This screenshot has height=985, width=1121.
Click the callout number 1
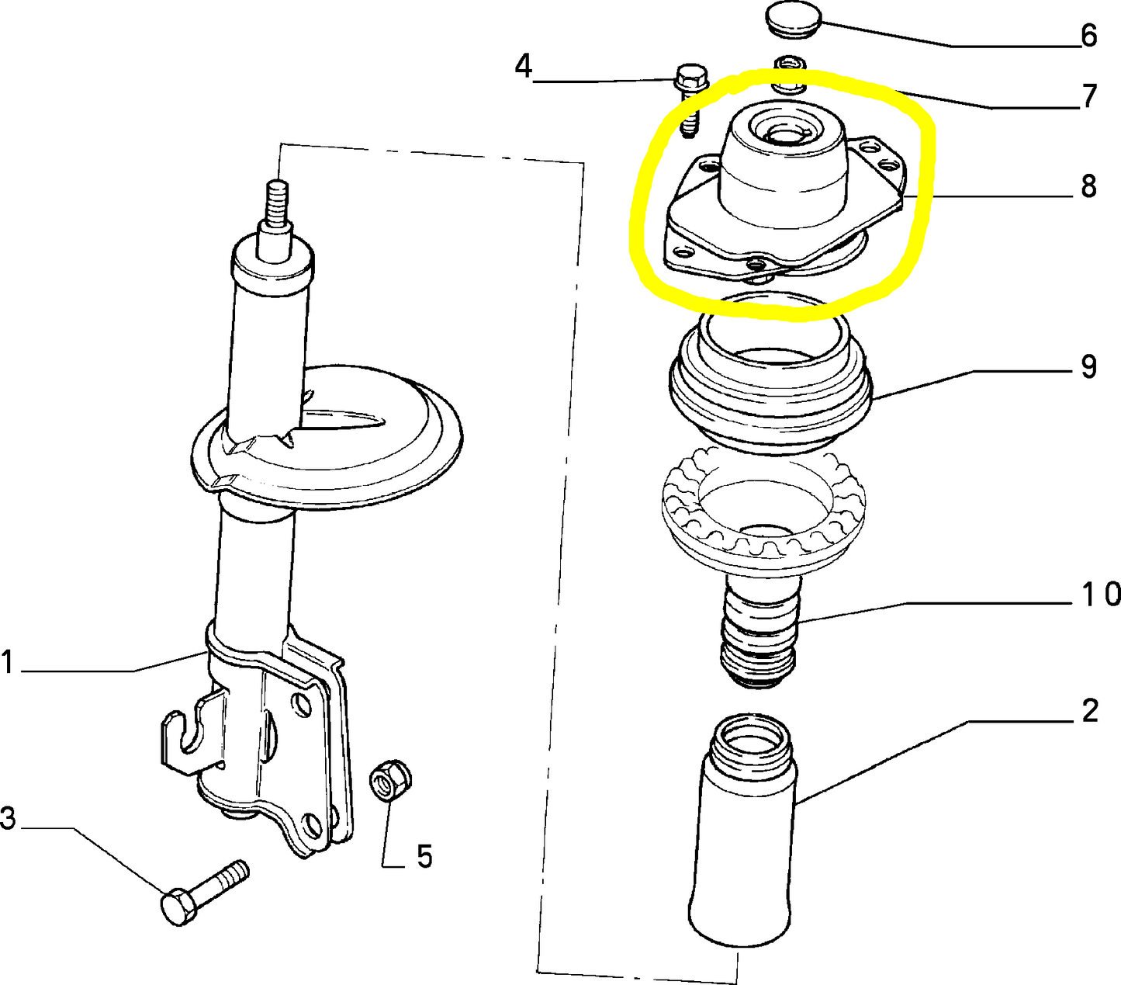pyautogui.click(x=8, y=664)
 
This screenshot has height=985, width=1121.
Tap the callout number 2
pyautogui.click(x=1089, y=711)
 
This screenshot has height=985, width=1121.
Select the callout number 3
pyautogui.click(x=8, y=818)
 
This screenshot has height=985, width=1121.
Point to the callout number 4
pyautogui.click(x=524, y=68)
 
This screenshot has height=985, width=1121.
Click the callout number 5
pyautogui.click(x=424, y=857)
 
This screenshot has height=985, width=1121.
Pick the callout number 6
pyautogui.click(x=1089, y=36)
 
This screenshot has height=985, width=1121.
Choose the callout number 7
pyautogui.click(x=1089, y=97)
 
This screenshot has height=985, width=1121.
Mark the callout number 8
pyautogui.click(x=1089, y=186)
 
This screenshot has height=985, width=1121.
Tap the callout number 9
pyautogui.click(x=1089, y=366)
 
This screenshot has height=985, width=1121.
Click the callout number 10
pyautogui.click(x=1101, y=595)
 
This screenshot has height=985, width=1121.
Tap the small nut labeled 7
pyautogui.click(x=790, y=70)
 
